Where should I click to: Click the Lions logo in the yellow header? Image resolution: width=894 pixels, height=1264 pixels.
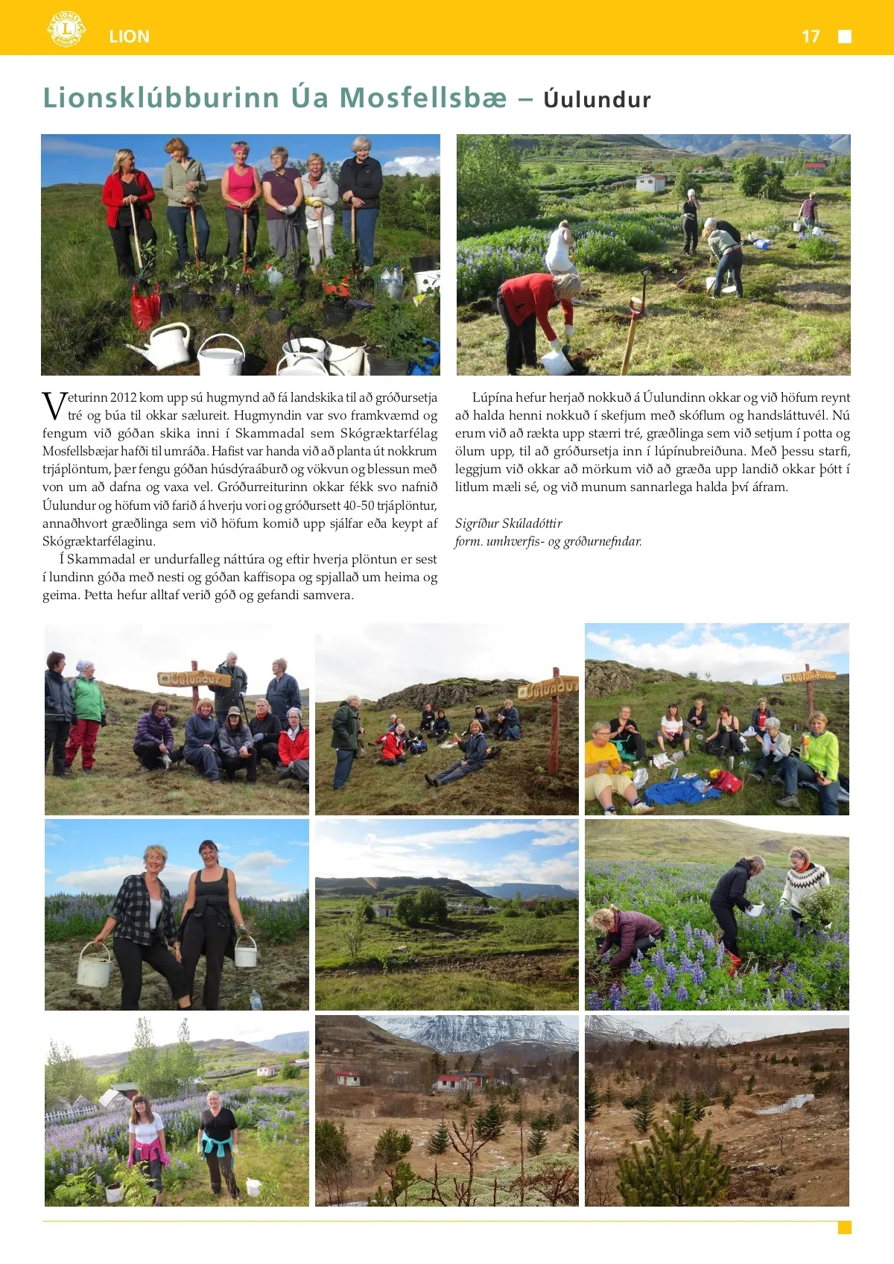tap(66, 30)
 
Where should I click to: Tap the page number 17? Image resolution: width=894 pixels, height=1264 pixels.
tap(811, 37)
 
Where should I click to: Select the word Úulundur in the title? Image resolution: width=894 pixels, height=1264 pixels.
tap(597, 100)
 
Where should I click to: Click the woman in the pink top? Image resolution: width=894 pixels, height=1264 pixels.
tap(241, 194)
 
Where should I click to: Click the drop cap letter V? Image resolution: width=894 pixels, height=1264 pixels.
tap(54, 406)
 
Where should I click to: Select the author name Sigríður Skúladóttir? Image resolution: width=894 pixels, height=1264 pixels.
tap(508, 523)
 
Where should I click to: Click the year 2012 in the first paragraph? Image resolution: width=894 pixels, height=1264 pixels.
tap(122, 397)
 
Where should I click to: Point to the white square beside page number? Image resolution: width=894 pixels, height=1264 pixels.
tap(845, 37)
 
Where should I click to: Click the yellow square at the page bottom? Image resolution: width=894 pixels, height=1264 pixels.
tap(844, 1227)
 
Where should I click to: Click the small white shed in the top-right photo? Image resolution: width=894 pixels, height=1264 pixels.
tap(650, 182)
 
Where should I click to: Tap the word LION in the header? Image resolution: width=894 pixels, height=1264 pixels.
tap(129, 37)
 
